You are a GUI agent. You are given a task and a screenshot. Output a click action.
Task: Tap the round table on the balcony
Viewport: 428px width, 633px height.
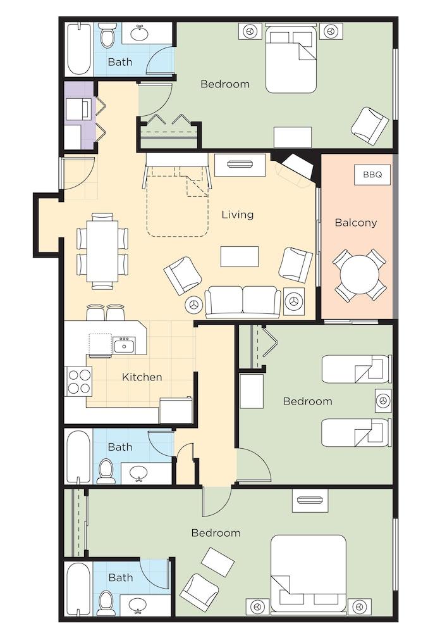(x=359, y=274)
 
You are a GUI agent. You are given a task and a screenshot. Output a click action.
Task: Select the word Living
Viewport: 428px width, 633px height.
(x=237, y=215)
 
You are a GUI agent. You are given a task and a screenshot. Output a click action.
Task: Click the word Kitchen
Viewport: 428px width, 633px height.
(x=142, y=377)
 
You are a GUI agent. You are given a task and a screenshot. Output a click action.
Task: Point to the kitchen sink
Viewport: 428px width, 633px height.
(x=124, y=346)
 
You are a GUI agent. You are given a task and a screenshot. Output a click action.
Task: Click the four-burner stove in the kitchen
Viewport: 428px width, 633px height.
(x=80, y=381)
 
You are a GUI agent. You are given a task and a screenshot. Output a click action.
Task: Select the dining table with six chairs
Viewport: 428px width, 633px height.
(x=102, y=251)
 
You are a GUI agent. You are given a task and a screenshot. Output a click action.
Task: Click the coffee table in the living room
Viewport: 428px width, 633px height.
(x=240, y=256)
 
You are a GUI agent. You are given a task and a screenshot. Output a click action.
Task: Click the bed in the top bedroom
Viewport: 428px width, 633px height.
(x=291, y=58)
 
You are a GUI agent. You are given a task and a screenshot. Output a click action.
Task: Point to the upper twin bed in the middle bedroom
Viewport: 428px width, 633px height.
(x=356, y=369)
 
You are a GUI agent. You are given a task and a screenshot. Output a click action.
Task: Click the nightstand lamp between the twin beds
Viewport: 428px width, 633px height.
(x=382, y=400)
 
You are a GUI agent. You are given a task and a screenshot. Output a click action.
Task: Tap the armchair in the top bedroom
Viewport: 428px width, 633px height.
(x=370, y=125)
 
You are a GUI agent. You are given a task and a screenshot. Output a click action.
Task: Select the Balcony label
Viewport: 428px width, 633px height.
(x=355, y=223)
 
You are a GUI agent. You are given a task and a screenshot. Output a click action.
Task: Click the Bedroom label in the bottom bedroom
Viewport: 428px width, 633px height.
(x=216, y=533)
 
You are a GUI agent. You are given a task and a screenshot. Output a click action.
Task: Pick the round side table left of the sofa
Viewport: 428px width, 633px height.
(x=193, y=304)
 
